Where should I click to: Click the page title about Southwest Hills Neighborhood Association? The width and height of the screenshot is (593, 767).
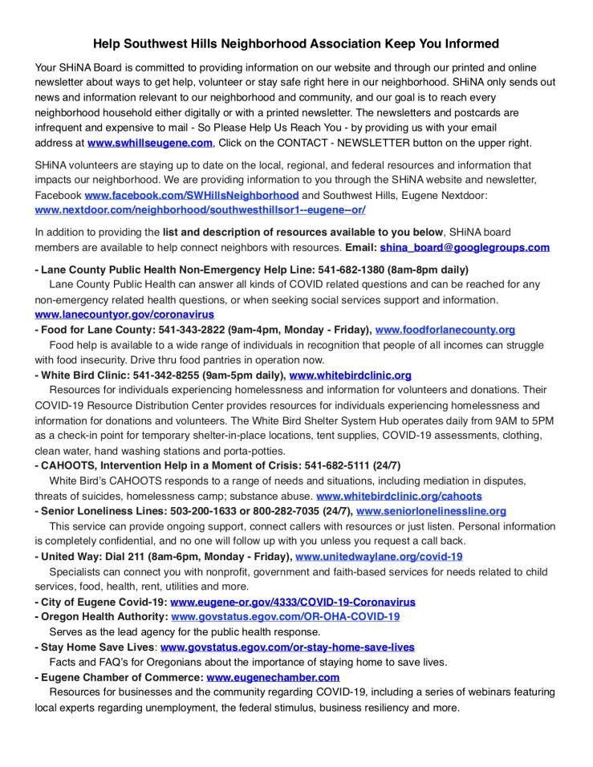(296, 43)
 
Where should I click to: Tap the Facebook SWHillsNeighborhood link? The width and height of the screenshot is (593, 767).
(192, 195)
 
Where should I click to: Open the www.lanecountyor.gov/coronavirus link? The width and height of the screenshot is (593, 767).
(124, 315)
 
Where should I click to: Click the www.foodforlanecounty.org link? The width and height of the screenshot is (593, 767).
(445, 330)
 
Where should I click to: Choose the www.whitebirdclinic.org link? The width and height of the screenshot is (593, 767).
(350, 375)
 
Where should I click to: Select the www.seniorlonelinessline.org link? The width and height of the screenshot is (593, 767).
(431, 510)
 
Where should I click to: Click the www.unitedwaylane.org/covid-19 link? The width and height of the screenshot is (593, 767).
(379, 556)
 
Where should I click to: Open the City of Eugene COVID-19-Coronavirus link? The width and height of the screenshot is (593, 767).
(293, 602)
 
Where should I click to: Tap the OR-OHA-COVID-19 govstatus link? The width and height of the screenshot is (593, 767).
(286, 616)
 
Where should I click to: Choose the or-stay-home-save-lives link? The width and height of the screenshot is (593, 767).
(287, 647)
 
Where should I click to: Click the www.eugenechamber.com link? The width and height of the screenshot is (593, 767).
(273, 677)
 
